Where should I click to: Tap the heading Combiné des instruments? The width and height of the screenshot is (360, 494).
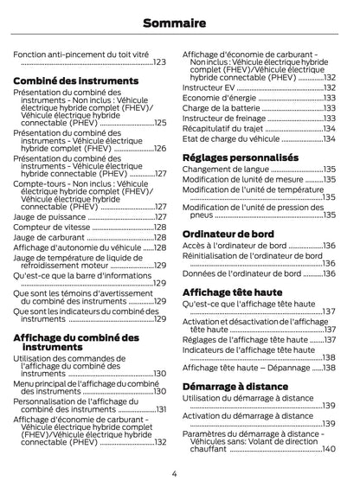(76, 80)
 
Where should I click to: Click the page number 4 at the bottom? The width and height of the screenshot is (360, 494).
(174, 473)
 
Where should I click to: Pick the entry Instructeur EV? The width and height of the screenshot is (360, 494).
(209, 87)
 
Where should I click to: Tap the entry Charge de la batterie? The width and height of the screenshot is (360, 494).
(221, 108)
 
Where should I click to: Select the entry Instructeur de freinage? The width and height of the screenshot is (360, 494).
(223, 119)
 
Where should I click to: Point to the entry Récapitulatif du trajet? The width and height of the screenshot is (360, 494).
(223, 128)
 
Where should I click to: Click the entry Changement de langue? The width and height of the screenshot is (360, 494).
(225, 170)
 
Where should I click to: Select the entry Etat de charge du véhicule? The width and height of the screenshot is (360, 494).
(231, 138)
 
